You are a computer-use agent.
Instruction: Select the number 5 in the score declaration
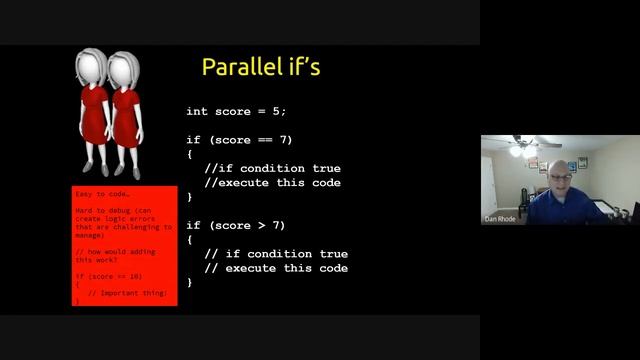tap(282, 111)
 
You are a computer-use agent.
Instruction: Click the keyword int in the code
tap(197, 111)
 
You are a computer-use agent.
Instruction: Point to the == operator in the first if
tap(262, 140)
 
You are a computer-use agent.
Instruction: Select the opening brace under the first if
tap(189, 154)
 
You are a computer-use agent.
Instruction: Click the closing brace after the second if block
tap(189, 282)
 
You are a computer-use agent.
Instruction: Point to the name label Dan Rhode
tap(499, 219)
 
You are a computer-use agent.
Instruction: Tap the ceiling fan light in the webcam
tap(516, 151)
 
